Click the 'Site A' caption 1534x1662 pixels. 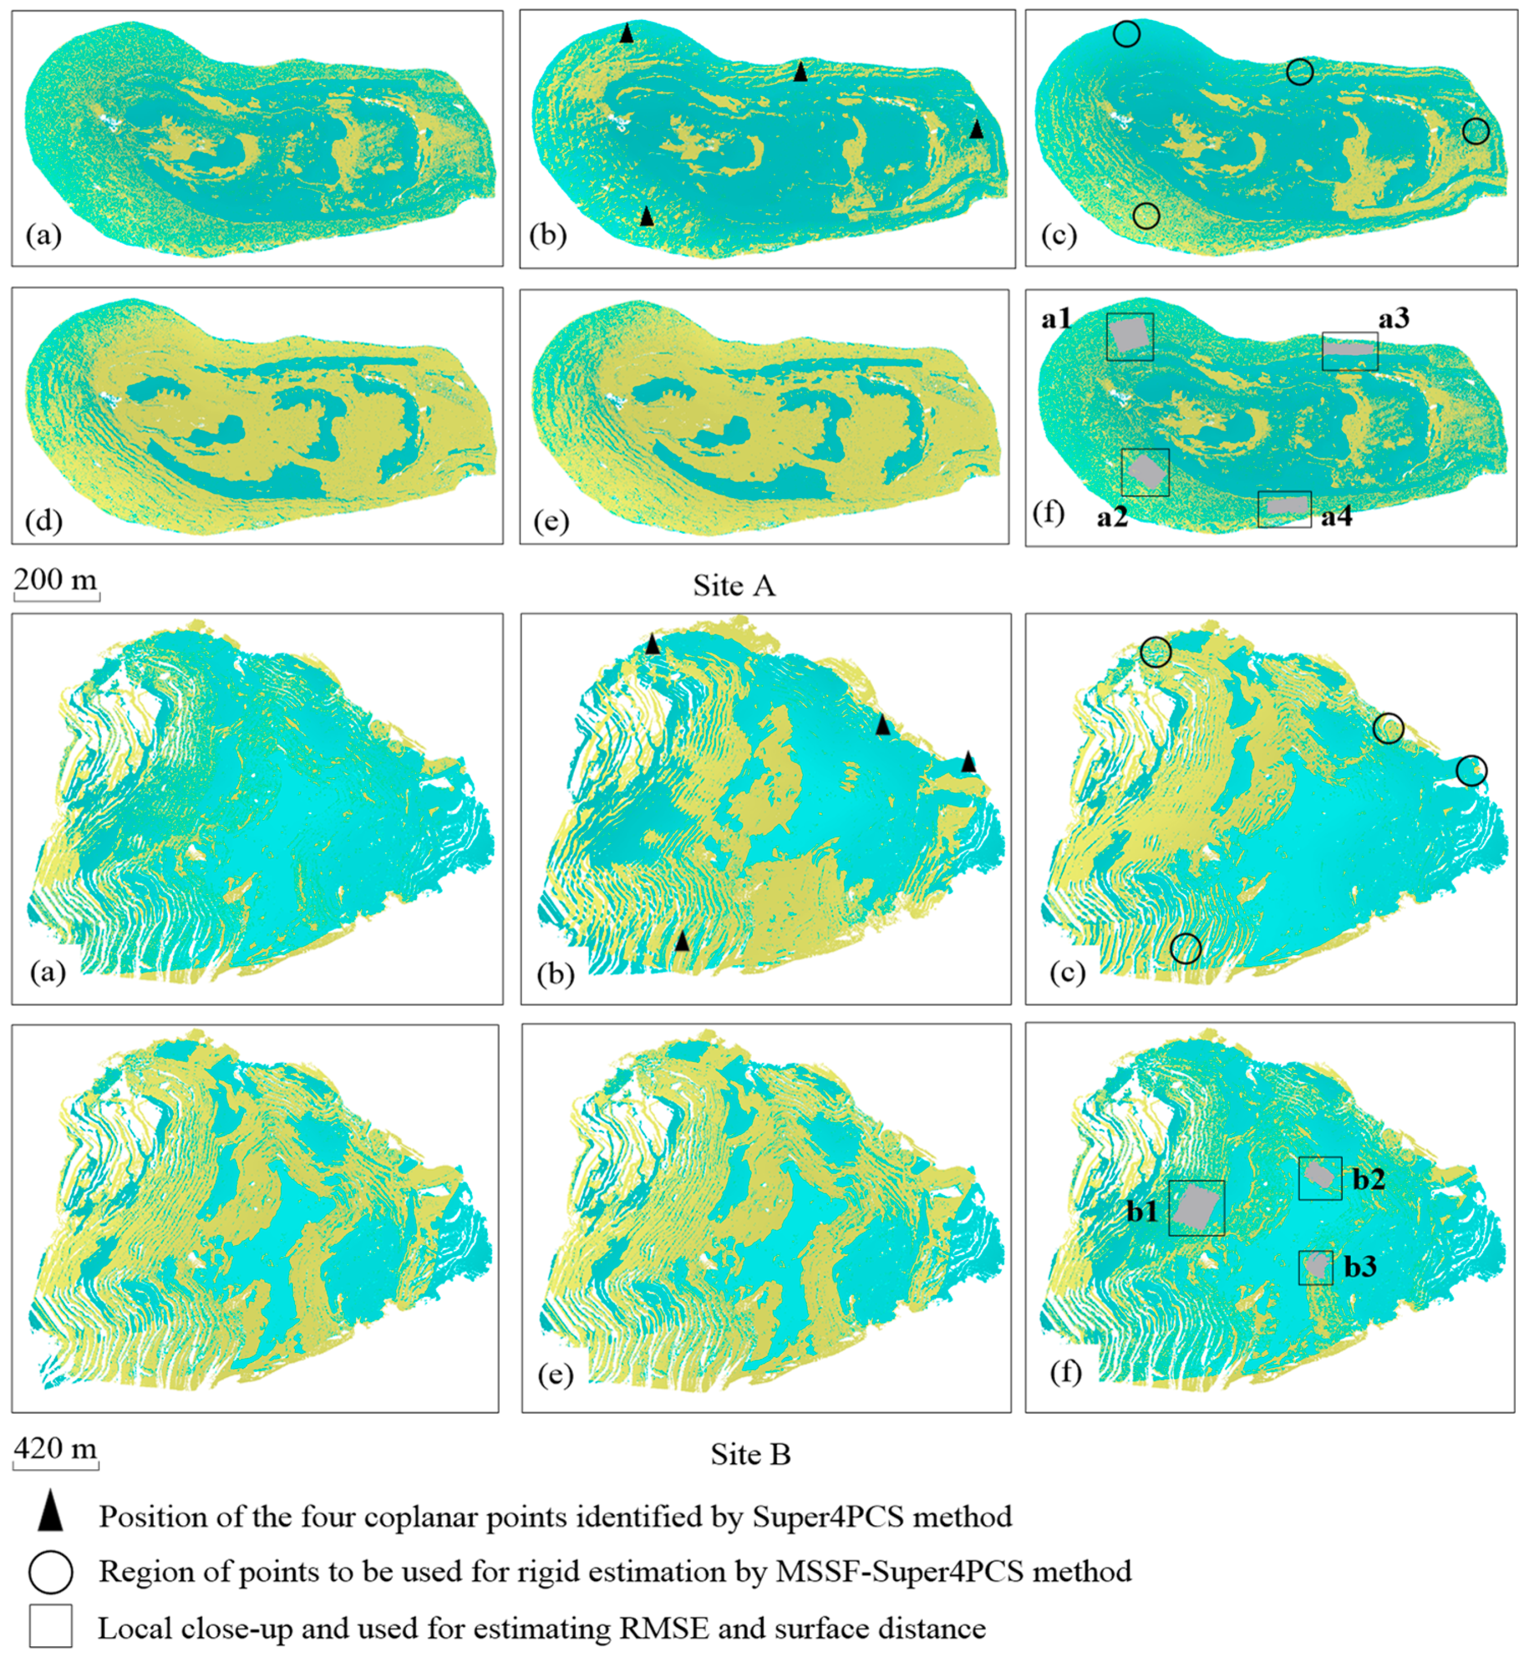(x=734, y=586)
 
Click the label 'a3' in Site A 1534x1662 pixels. (x=1394, y=318)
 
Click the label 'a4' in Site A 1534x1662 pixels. (x=1336, y=517)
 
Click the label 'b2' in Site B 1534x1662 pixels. (x=1369, y=1179)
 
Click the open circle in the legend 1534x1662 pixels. (x=51, y=1572)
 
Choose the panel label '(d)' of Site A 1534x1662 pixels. (x=43, y=522)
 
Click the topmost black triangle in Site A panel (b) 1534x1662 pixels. (x=627, y=34)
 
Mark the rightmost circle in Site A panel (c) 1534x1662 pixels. (x=1476, y=131)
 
